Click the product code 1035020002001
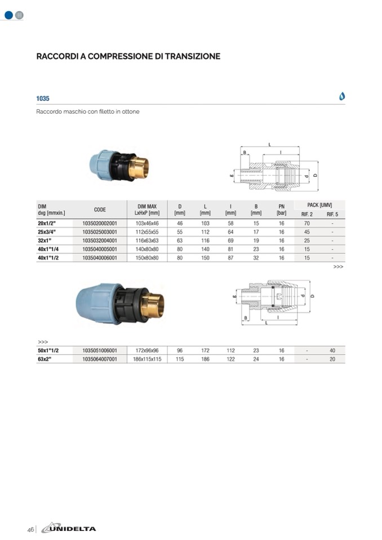click(100, 223)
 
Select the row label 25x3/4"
click(47, 231)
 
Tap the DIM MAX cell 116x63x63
click(148, 240)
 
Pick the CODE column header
click(100, 209)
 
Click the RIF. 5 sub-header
click(332, 215)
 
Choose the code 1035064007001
click(100, 359)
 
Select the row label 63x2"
click(45, 359)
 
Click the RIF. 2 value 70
click(307, 223)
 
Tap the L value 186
click(206, 359)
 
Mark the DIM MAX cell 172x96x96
click(148, 350)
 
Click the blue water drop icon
click(342, 96)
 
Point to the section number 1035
click(43, 98)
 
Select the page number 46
click(30, 529)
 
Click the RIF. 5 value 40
click(332, 350)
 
